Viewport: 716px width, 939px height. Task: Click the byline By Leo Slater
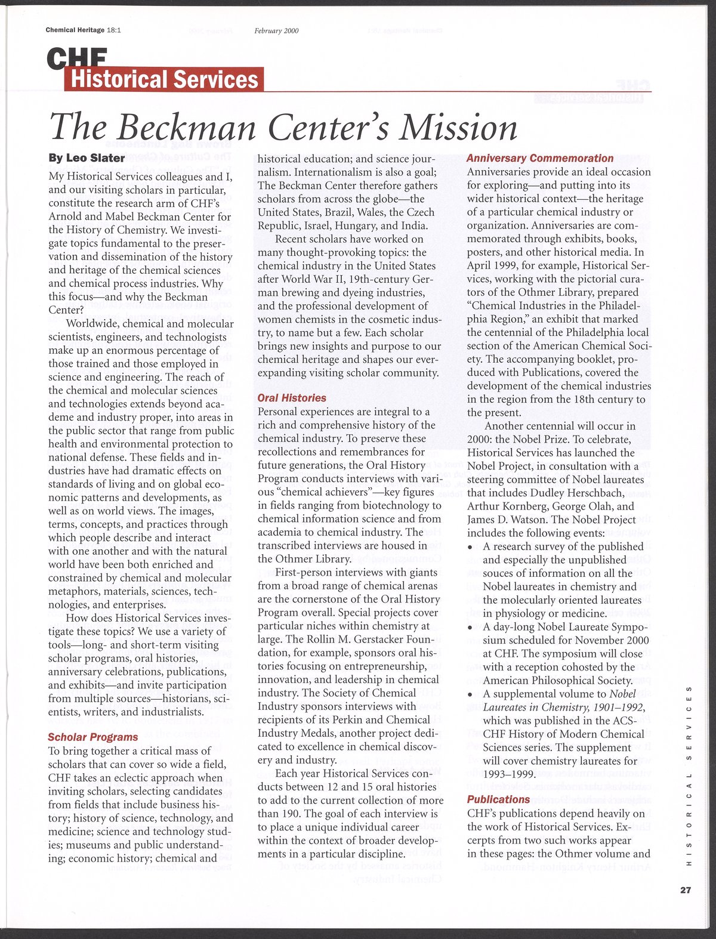click(x=87, y=158)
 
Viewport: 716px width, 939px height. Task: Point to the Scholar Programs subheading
click(x=92, y=737)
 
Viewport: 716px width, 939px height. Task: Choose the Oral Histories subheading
click(x=292, y=398)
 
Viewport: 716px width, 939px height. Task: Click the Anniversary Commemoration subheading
click(x=539, y=158)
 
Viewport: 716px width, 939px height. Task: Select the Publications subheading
click(x=498, y=799)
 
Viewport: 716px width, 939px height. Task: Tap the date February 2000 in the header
click(x=276, y=30)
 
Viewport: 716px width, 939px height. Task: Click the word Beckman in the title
click(x=187, y=127)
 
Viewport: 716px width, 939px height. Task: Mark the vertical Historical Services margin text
click(x=689, y=776)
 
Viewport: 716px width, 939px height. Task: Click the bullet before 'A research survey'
click(x=471, y=548)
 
